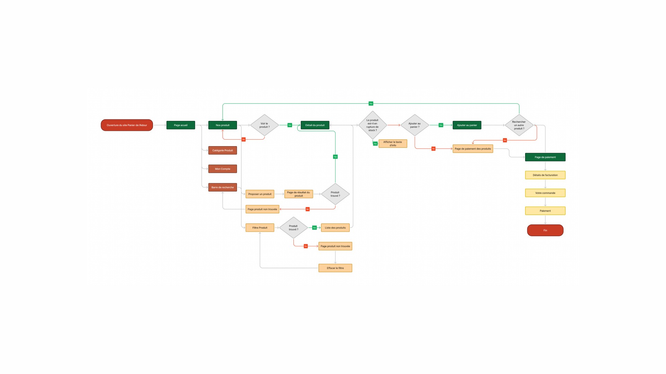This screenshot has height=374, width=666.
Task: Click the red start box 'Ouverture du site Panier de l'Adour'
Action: [127, 125]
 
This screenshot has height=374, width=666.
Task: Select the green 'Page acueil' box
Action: [180, 125]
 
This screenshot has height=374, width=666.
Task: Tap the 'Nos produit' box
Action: [222, 125]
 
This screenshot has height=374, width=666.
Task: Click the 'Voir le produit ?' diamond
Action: [264, 125]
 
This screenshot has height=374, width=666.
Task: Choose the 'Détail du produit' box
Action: [315, 125]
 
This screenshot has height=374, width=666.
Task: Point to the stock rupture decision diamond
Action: [372, 125]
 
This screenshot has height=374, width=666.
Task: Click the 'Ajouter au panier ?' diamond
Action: [415, 125]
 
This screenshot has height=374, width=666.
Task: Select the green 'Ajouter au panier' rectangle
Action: [467, 125]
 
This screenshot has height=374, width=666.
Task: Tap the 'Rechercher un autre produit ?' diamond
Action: [519, 125]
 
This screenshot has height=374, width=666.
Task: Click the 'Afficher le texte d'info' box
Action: [393, 143]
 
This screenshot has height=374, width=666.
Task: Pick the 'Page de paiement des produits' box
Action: [473, 149]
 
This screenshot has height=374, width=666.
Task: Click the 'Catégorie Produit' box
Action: [222, 150]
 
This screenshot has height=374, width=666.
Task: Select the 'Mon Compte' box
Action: [222, 169]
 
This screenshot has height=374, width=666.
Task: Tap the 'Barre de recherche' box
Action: [222, 187]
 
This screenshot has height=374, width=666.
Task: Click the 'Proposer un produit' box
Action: [260, 194]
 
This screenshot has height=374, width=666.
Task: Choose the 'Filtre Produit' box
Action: [260, 228]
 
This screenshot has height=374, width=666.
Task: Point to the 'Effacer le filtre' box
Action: [335, 268]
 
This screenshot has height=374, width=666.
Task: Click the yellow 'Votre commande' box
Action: [545, 193]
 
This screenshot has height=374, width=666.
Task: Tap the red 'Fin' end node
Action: [545, 230]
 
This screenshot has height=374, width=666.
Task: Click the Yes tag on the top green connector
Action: [371, 104]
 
